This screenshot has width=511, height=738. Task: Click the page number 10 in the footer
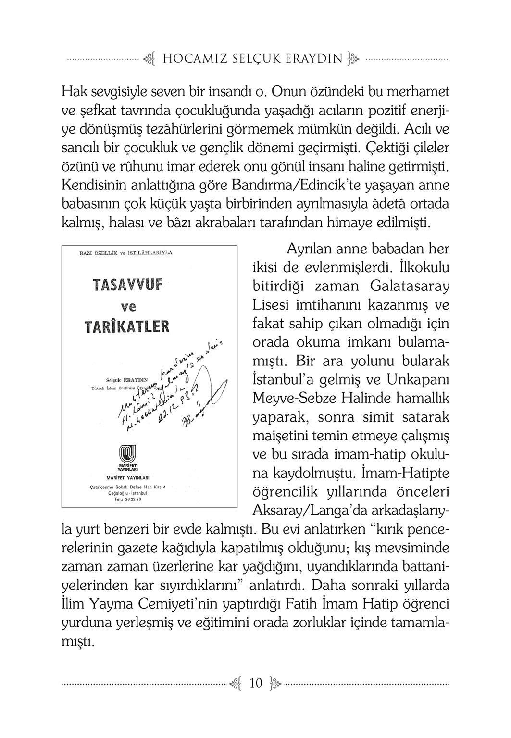[255, 683]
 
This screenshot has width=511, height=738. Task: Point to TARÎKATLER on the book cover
[127, 327]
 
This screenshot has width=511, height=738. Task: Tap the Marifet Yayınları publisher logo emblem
[128, 453]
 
